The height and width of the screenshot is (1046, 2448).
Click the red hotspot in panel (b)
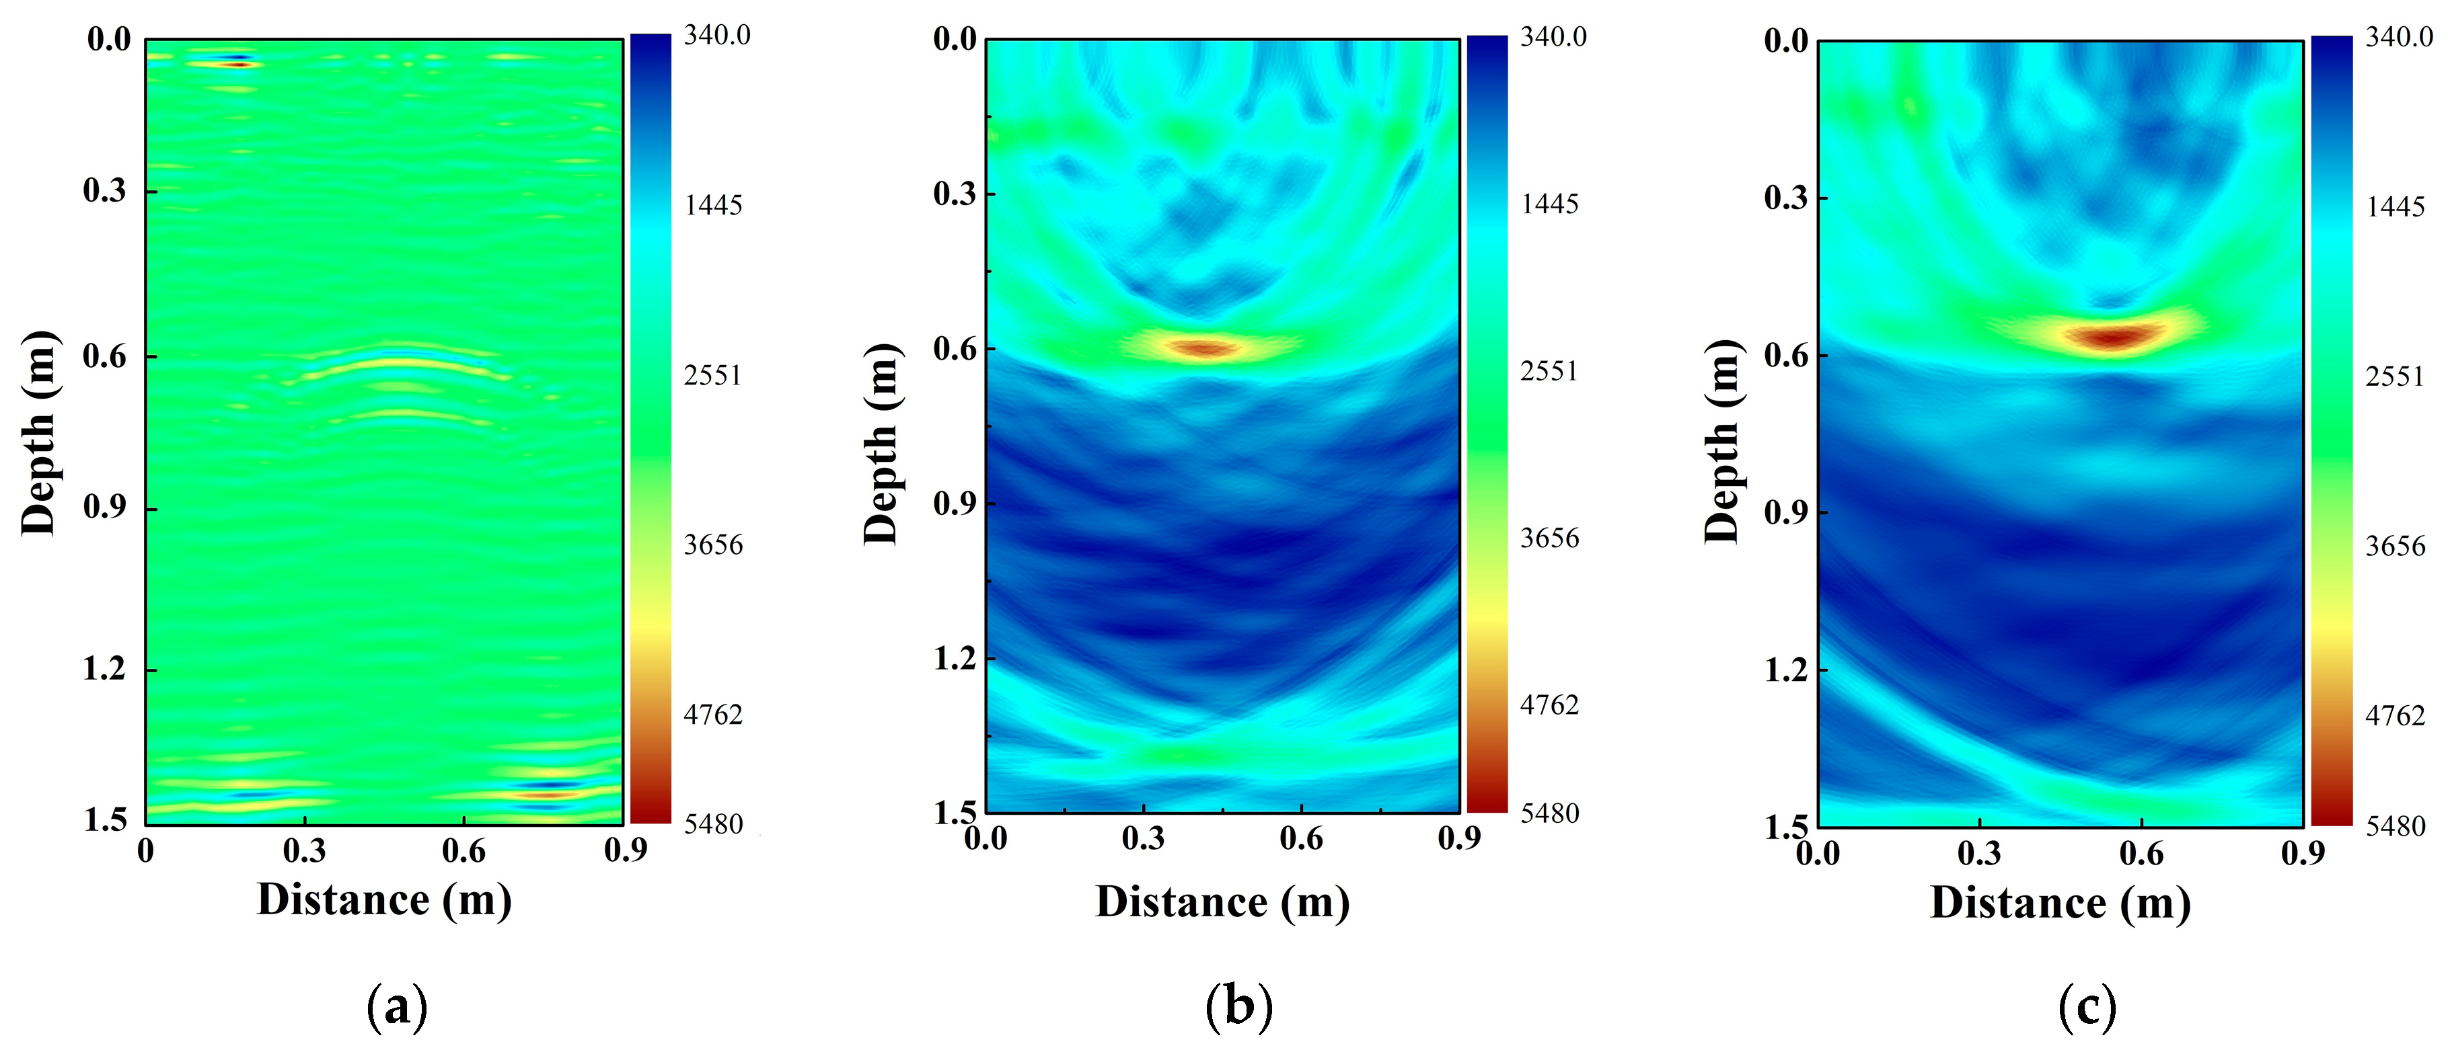point(1205,348)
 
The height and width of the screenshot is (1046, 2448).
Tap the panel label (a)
point(397,1007)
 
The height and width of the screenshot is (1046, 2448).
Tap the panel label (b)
point(1238,1007)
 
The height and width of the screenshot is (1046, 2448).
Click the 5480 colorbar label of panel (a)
point(712,823)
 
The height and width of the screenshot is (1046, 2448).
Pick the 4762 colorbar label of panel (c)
point(2395,715)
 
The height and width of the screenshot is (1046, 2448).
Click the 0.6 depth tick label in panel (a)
point(104,357)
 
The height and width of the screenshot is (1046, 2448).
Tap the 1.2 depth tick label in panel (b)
point(954,657)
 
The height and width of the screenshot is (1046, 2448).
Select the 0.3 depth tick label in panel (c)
point(1785,198)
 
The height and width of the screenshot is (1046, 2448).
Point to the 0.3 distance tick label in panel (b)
point(1143,838)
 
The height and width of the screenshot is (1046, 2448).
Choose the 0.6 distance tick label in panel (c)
point(2141,853)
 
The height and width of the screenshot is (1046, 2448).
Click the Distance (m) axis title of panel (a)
point(384,899)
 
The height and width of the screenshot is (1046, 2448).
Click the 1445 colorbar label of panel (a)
point(712,205)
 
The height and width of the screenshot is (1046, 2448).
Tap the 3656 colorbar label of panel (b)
point(1549,538)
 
